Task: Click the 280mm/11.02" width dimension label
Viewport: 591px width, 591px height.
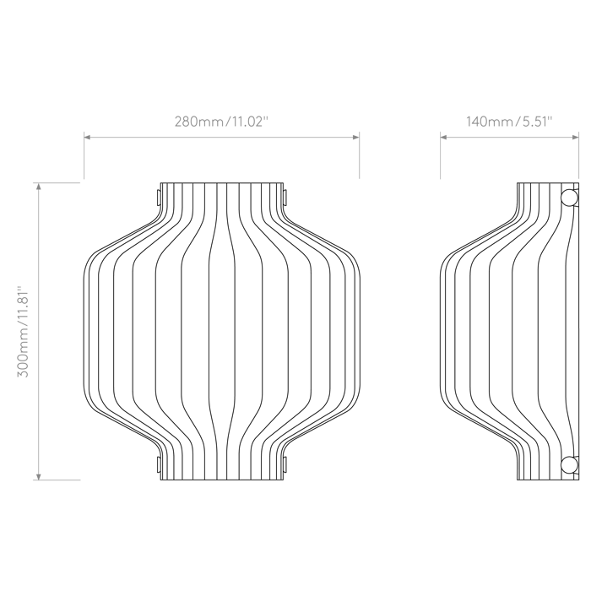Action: point(221,122)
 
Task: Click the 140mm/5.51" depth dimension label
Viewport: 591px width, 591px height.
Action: point(509,122)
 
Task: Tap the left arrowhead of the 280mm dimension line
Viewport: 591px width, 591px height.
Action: point(87,137)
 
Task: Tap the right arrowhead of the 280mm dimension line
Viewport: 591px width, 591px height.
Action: point(356,137)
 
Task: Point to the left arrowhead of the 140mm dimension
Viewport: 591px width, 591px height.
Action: point(443,137)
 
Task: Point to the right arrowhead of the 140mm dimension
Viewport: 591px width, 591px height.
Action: point(576,137)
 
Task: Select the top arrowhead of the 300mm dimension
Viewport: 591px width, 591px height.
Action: point(38,187)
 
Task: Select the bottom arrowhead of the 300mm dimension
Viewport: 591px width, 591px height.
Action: point(38,477)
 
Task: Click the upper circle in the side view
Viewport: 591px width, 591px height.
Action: point(569,198)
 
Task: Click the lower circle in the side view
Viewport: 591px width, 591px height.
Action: point(569,464)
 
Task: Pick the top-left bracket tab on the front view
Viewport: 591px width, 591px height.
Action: point(159,198)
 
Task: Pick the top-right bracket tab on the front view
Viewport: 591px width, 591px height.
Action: point(285,198)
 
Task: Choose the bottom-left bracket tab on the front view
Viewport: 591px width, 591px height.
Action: point(159,464)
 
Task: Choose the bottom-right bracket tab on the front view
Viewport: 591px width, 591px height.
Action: point(285,464)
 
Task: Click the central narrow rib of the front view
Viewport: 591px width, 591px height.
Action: point(222,331)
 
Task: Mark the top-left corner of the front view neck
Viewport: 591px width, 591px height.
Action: point(161,183)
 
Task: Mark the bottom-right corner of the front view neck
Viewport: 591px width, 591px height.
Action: point(283,480)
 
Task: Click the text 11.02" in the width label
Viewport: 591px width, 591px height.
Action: point(249,122)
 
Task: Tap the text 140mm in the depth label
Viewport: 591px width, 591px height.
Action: point(489,122)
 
